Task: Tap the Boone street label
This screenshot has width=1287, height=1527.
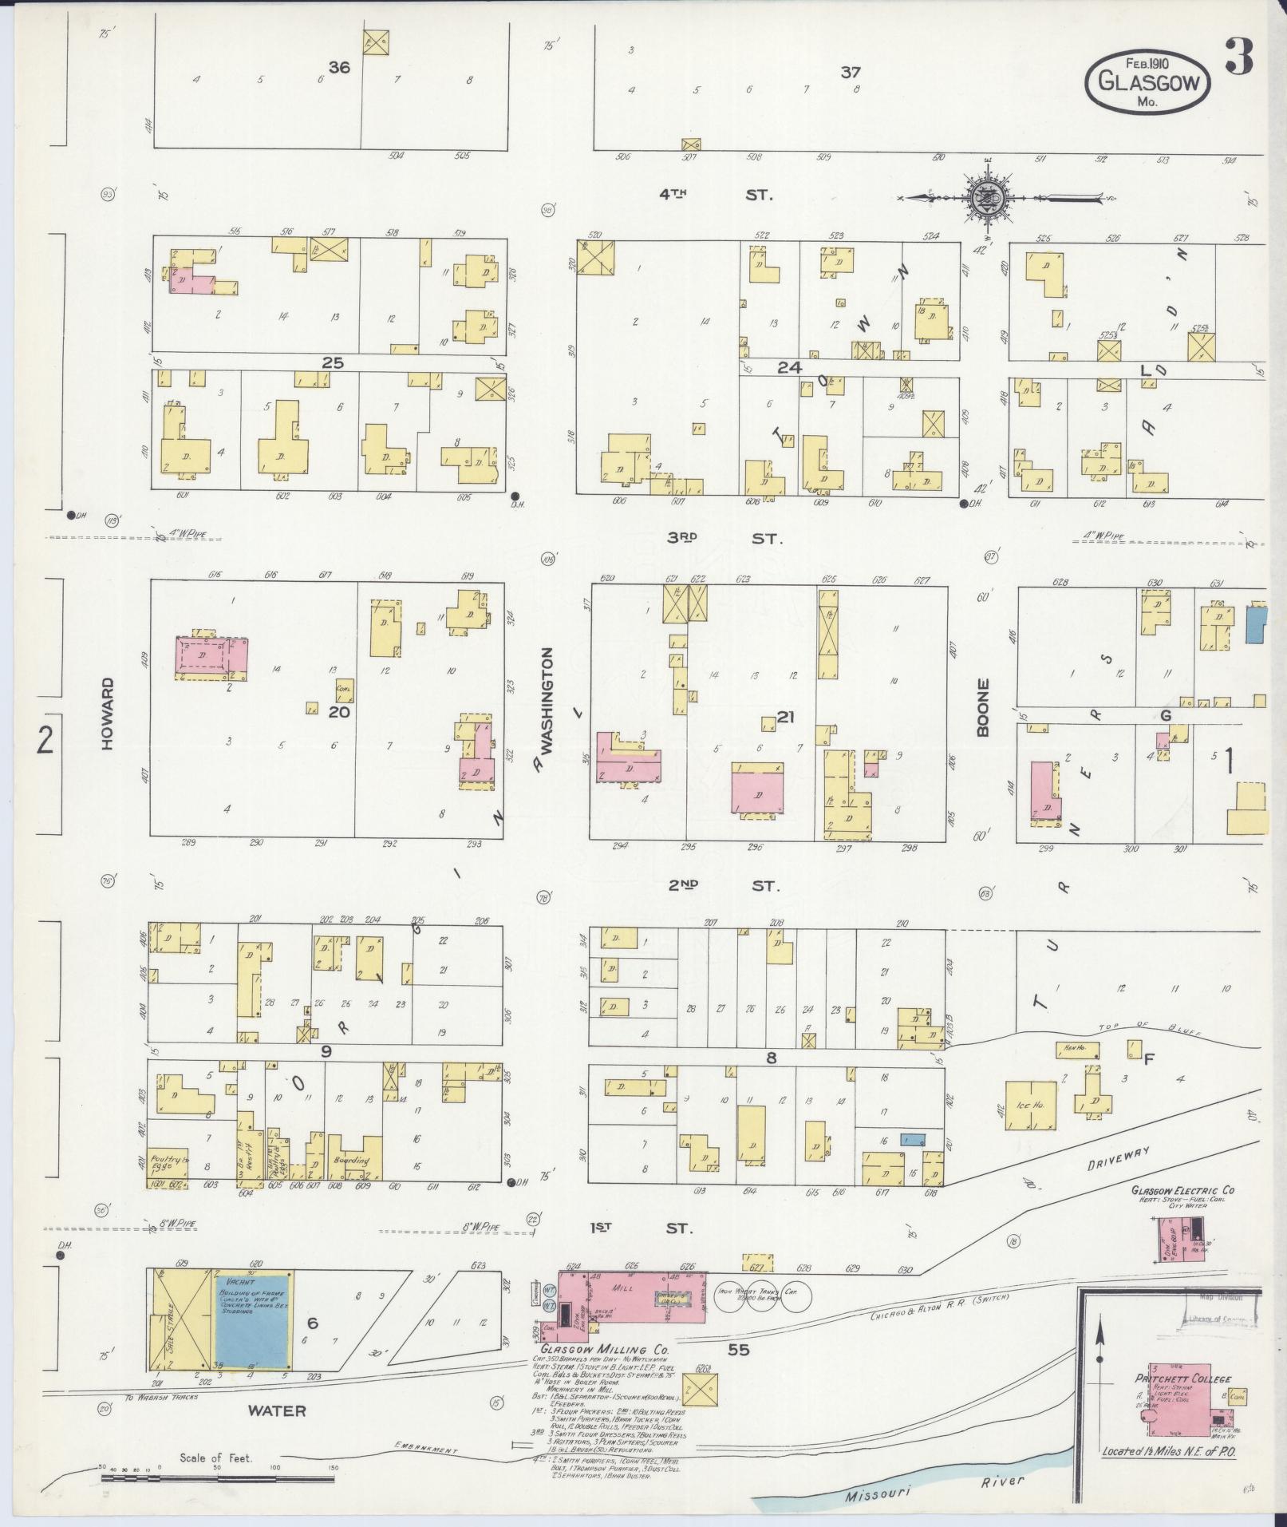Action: (982, 707)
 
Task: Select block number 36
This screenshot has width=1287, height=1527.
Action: (339, 68)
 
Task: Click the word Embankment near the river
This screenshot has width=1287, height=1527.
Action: (426, 1449)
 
